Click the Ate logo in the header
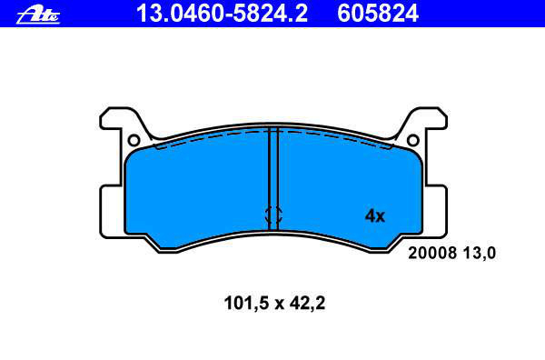point(38,15)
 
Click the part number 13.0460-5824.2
point(222,14)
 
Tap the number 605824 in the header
point(378,14)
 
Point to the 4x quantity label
point(374,216)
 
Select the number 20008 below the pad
point(432,253)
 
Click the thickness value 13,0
point(480,254)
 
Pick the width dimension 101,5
point(247,303)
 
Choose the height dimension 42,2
point(307,303)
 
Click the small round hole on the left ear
point(134,141)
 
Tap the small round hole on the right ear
point(413,141)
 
